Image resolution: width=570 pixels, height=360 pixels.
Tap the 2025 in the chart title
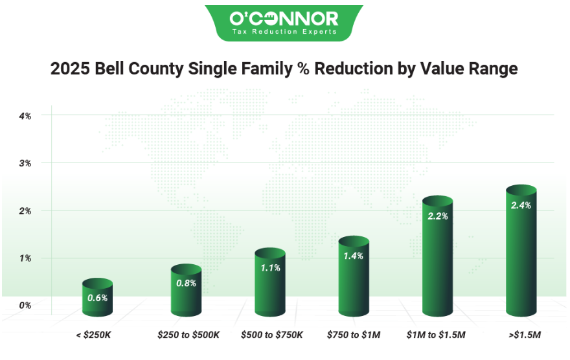(x=69, y=69)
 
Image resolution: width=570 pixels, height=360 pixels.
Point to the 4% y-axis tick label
(x=25, y=116)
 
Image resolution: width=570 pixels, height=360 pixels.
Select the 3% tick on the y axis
(x=25, y=163)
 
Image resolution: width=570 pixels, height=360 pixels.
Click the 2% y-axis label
(x=25, y=211)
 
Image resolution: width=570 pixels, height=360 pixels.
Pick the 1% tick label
(x=25, y=258)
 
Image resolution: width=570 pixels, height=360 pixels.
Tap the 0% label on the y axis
(x=25, y=305)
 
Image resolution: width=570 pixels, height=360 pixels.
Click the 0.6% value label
(x=97, y=298)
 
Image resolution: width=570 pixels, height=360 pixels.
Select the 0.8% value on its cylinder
(x=186, y=283)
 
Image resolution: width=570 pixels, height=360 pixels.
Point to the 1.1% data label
(x=269, y=267)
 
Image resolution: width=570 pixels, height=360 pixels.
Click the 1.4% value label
(x=353, y=256)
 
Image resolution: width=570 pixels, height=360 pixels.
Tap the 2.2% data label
(x=437, y=216)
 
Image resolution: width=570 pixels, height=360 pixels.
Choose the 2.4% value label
(x=521, y=205)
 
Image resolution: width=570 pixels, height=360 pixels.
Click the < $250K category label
(x=96, y=335)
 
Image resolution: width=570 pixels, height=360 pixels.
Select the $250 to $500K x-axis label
(x=188, y=335)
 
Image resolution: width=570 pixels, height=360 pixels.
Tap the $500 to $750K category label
(x=272, y=335)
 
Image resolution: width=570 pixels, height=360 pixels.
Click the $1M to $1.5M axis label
(x=437, y=335)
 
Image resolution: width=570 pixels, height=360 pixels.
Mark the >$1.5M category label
(x=522, y=335)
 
